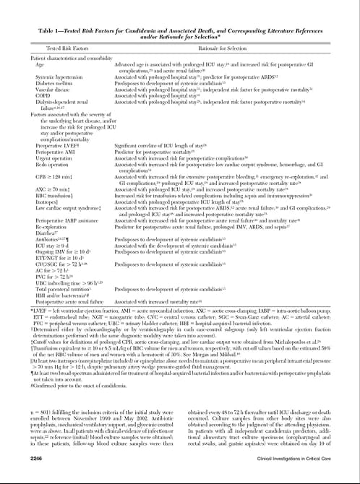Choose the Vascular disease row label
point(52,90)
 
